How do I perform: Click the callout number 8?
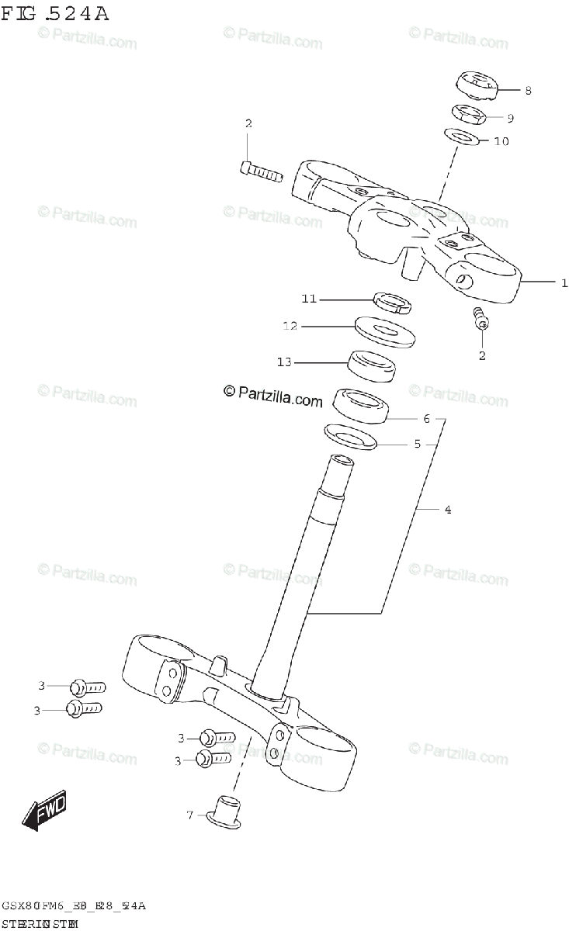527,91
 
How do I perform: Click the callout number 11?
309,299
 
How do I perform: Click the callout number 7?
190,815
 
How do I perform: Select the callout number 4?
448,510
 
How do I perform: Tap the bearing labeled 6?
361,407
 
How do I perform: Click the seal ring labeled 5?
349,436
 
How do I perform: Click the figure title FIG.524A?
55,13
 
